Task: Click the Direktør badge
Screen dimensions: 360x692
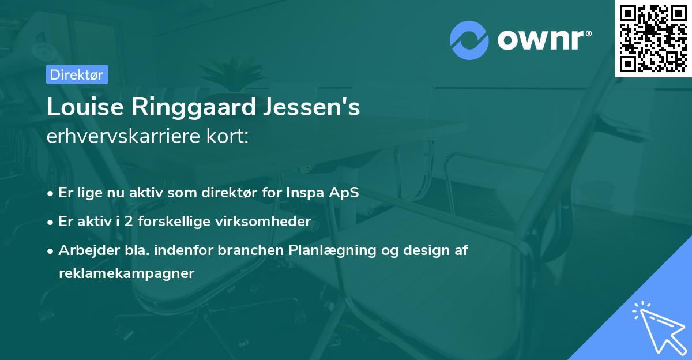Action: point(76,74)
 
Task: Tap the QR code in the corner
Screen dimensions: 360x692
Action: point(653,38)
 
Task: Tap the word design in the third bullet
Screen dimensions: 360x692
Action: point(422,250)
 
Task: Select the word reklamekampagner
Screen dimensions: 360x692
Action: point(126,273)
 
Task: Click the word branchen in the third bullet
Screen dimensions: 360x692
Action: point(257,250)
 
